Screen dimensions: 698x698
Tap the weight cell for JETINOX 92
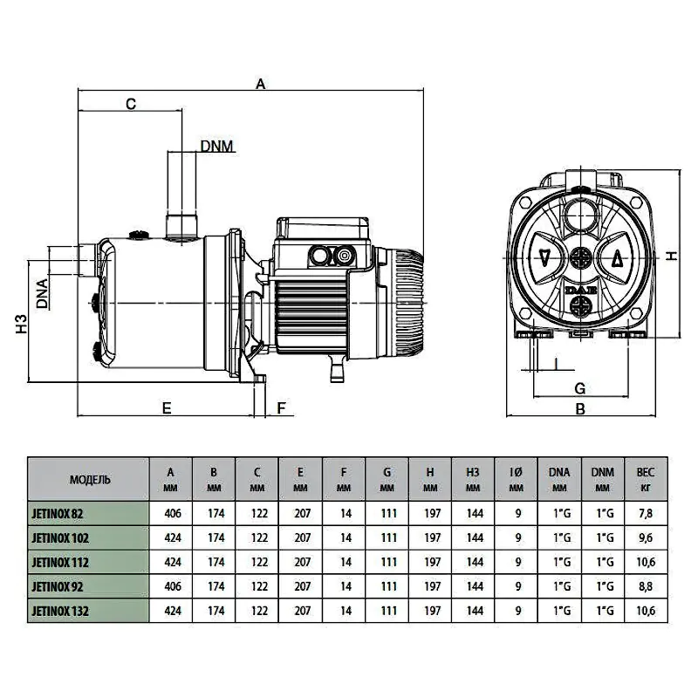[646, 587]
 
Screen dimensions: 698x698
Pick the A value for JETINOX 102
[171, 538]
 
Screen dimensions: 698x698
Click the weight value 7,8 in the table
[646, 514]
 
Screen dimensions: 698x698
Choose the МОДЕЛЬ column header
[89, 479]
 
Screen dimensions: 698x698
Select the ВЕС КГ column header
[646, 479]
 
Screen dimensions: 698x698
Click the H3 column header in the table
[474, 479]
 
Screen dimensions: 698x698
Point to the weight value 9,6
[646, 538]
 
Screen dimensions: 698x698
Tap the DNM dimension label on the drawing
[216, 146]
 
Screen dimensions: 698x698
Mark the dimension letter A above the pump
[260, 85]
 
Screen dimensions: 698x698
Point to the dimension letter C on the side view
[131, 105]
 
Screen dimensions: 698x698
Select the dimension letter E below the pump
[165, 407]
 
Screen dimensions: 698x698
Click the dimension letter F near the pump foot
[281, 407]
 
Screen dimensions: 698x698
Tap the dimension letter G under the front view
[578, 387]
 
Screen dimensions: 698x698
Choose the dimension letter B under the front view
[578, 407]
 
